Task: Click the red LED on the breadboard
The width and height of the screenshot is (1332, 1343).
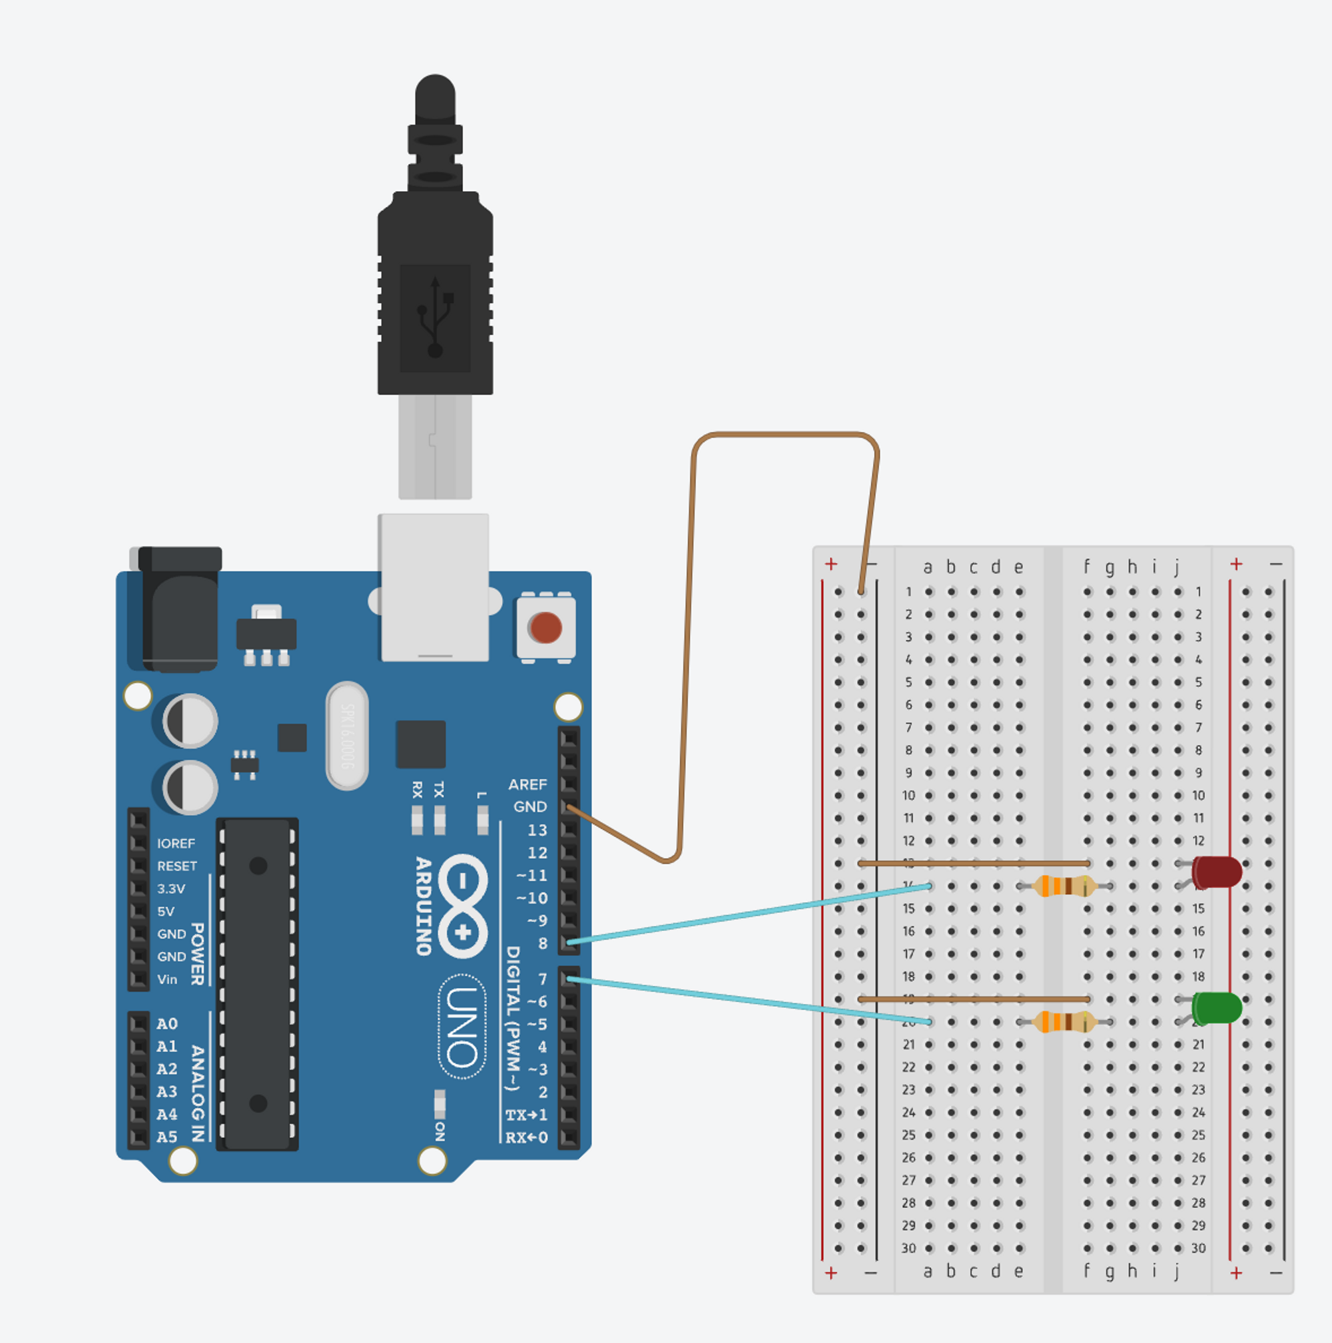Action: coord(1217,872)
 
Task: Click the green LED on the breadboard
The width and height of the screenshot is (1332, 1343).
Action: coord(1217,1007)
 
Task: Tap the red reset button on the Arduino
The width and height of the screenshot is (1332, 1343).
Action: coord(545,627)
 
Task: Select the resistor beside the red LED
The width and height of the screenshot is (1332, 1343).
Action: coord(1064,886)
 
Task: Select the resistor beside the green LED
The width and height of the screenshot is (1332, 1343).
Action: coord(1064,1022)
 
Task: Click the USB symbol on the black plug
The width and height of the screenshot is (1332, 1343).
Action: coord(435,317)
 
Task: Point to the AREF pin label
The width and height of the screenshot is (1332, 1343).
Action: coord(527,784)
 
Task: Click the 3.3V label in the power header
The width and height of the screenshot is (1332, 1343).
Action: coord(171,888)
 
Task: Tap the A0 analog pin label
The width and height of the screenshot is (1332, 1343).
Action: coord(167,1023)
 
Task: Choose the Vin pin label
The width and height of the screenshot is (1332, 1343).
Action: coord(167,979)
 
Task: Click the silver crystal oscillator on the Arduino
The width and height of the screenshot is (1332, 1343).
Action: coord(347,736)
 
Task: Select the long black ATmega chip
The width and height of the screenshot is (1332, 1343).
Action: coord(257,984)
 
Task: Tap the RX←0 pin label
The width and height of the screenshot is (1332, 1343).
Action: coord(526,1138)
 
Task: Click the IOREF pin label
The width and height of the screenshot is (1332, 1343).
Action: coord(176,843)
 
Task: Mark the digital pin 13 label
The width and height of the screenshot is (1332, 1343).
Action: coord(537,830)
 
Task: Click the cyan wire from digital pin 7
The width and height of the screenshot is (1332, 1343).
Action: coord(751,1000)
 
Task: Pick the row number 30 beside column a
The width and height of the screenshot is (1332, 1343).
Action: coord(908,1248)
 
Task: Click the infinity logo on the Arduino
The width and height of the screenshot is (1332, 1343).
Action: coord(463,906)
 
